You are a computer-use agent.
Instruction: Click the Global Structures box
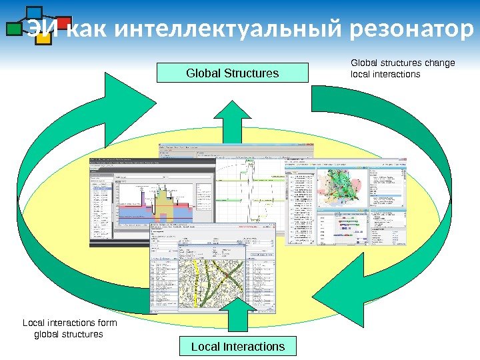[233, 73]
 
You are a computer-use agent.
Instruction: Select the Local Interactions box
[238, 347]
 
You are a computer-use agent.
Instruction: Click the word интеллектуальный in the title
[231, 30]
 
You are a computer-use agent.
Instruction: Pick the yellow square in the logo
[43, 39]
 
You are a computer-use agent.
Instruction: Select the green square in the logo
[14, 29]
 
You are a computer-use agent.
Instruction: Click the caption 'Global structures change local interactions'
[402, 68]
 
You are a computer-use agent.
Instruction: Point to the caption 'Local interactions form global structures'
[69, 328]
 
